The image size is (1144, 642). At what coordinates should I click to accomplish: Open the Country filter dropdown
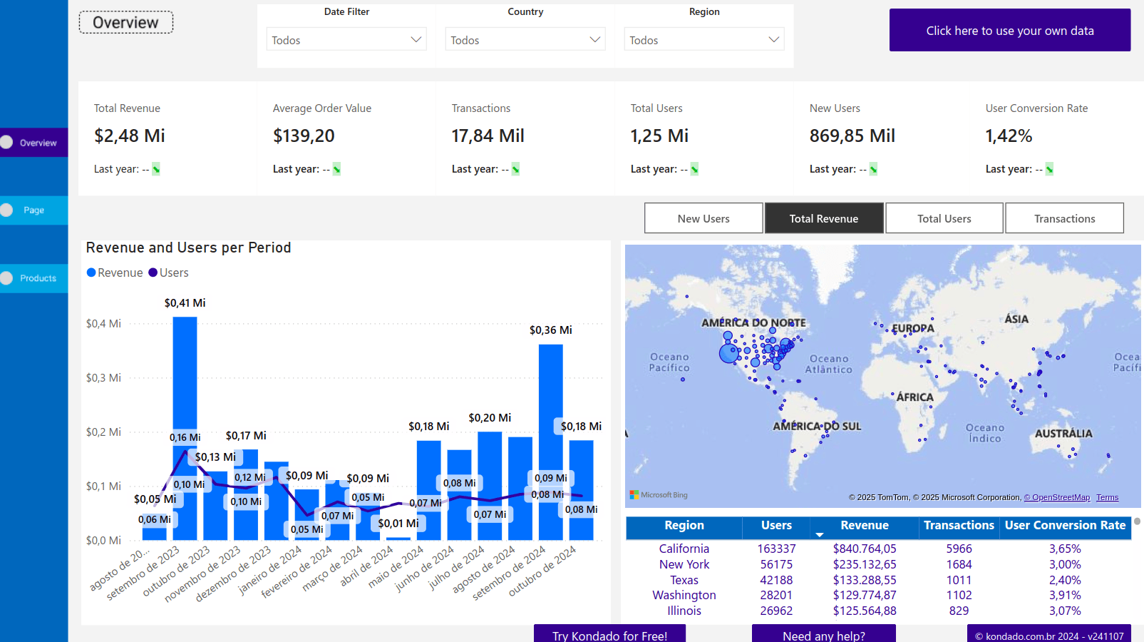[525, 40]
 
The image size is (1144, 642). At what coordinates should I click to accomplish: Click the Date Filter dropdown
[346, 40]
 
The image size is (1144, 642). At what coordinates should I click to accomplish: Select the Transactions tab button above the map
[1064, 218]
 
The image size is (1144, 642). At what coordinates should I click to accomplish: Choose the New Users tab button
[704, 218]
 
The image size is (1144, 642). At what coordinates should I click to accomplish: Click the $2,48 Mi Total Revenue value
[130, 136]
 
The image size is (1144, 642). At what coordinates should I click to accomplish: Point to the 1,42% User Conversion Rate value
[1009, 136]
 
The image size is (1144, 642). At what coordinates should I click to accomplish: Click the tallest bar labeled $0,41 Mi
[185, 371]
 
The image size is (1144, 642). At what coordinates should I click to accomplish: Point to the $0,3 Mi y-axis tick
[103, 377]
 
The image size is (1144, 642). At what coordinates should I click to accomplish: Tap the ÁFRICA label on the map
[914, 397]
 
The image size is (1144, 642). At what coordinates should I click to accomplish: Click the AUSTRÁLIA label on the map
[1063, 434]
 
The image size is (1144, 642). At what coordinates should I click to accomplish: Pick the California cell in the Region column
[684, 549]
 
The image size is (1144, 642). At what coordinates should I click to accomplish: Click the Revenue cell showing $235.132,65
[865, 564]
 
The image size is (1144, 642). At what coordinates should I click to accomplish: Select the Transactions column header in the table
[959, 526]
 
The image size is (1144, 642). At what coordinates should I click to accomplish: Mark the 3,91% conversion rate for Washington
[1065, 595]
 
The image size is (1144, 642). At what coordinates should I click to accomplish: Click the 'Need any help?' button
[823, 634]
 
